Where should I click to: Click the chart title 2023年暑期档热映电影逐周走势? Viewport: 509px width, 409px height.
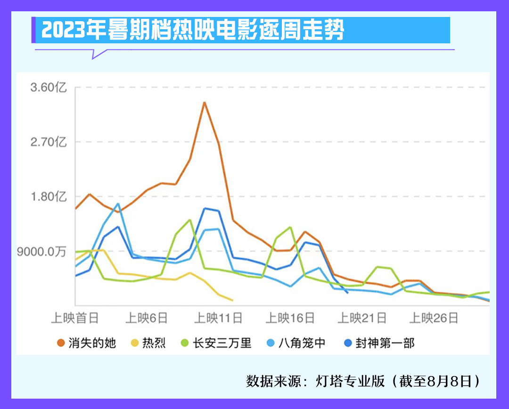coord(193,31)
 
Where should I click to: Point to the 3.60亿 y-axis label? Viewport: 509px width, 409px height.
coord(49,88)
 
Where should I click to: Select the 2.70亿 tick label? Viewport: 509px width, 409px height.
coord(49,142)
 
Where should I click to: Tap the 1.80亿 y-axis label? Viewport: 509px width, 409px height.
coord(49,196)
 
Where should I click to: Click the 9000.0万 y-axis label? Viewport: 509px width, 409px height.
coord(42,251)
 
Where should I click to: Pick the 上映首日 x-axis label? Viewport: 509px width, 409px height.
coord(75,319)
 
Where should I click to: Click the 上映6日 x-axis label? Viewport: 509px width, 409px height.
coord(147,319)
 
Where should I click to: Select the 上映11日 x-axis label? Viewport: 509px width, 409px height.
coord(218,319)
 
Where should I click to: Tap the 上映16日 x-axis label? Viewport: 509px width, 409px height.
coord(290,319)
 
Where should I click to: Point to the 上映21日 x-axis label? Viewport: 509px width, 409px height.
coord(362,319)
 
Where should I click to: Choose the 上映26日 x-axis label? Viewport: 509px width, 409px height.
coord(434,319)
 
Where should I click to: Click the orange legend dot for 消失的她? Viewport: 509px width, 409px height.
coord(60,343)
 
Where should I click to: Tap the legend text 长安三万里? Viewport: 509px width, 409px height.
coord(222,343)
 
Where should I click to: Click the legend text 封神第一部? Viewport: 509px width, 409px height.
coord(385,343)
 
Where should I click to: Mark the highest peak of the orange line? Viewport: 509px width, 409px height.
coord(204,102)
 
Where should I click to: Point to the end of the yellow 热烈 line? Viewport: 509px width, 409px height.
coord(233,300)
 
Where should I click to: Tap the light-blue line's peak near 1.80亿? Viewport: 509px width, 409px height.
coord(118,204)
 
